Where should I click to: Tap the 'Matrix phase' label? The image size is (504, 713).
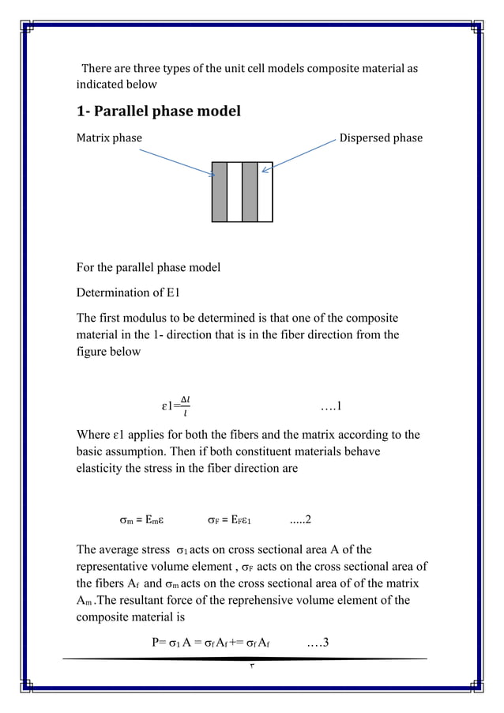coord(109,138)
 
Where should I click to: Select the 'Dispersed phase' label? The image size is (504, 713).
coord(380,138)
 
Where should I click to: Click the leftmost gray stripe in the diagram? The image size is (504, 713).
coord(220,191)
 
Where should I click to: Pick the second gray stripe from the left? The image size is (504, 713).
coord(250,191)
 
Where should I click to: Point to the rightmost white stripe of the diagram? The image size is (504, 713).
coord(265,191)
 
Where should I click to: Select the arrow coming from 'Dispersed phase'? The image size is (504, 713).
coord(304,153)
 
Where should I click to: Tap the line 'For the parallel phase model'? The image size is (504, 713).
coord(148,267)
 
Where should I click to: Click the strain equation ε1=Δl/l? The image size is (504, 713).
coord(175,407)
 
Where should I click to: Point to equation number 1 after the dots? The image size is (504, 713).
coord(331,407)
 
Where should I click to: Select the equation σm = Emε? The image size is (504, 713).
coord(141,520)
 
